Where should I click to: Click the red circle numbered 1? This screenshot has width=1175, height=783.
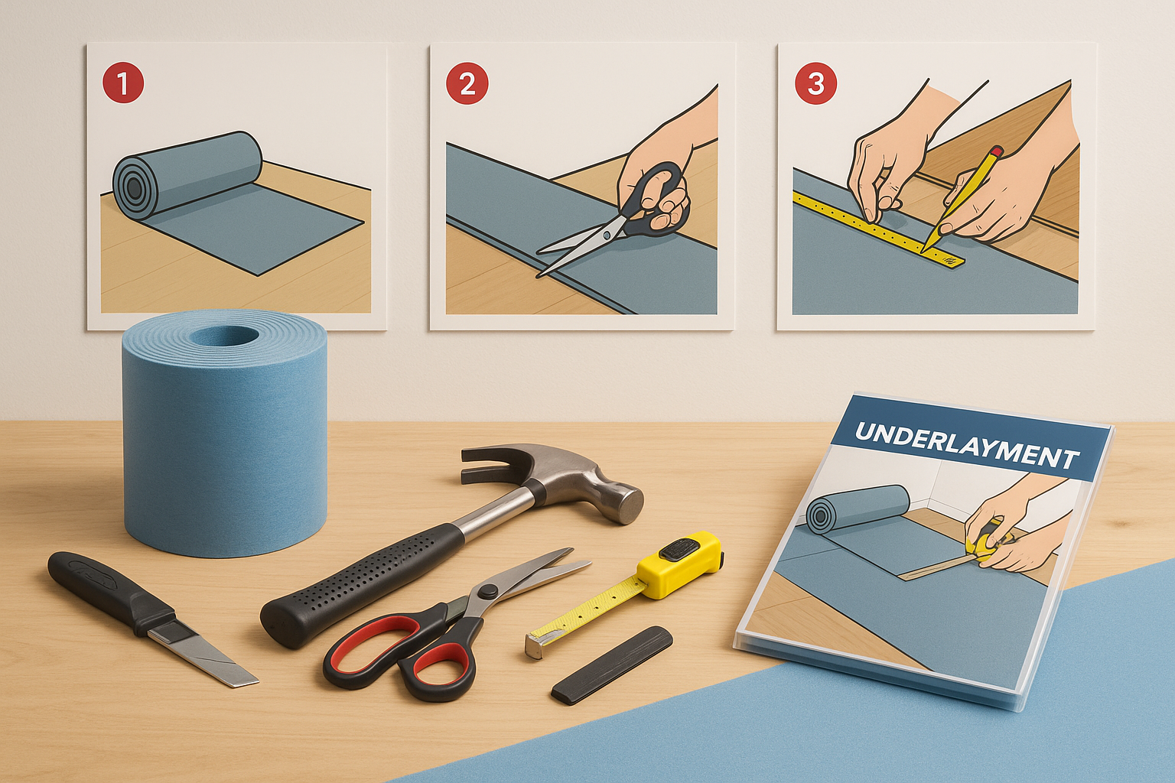pyautogui.click(x=123, y=83)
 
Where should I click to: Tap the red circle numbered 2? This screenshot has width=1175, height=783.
pyautogui.click(x=467, y=84)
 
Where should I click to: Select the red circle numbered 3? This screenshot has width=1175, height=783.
pyautogui.click(x=815, y=84)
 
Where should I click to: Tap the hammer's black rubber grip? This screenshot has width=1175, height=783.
pyautogui.click(x=362, y=585)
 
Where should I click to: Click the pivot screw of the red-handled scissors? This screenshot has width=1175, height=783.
pyautogui.click(x=489, y=592)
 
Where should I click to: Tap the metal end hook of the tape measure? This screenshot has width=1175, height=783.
pyautogui.click(x=535, y=645)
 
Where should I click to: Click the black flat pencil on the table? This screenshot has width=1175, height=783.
pyautogui.click(x=612, y=664)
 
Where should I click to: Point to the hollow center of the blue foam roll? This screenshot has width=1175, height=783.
pyautogui.click(x=224, y=336)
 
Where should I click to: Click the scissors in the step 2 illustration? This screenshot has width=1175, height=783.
pyautogui.click(x=611, y=220)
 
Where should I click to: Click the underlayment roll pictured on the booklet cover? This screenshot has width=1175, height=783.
pyautogui.click(x=857, y=508)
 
